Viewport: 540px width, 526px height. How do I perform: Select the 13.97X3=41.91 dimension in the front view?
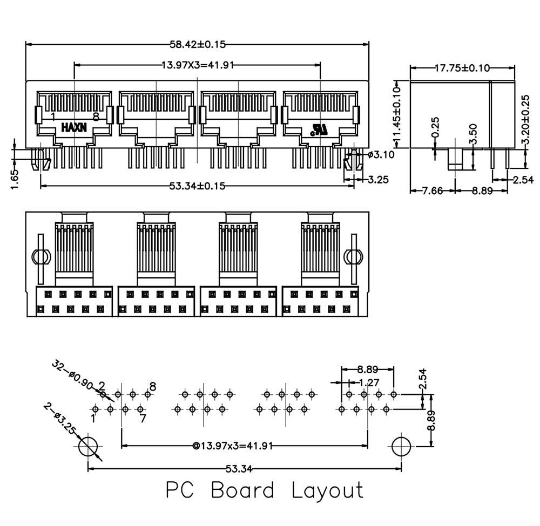[x=197, y=66]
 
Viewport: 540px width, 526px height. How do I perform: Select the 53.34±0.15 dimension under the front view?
[x=197, y=187]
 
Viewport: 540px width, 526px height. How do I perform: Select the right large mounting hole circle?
[x=401, y=446]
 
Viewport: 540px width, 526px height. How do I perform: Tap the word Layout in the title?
[x=327, y=491]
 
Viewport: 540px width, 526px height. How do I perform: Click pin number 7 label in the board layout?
[x=143, y=419]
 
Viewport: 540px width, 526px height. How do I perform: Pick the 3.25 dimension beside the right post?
[x=378, y=180]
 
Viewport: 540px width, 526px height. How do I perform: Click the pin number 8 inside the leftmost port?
[x=96, y=116]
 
